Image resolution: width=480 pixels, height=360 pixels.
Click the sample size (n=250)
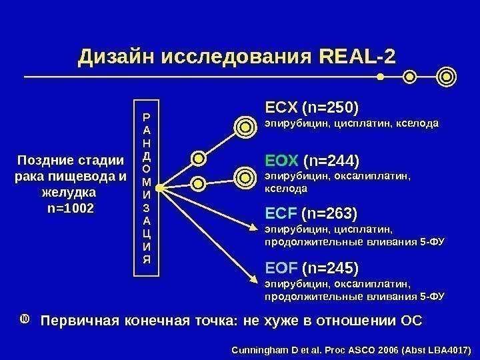click(331, 107)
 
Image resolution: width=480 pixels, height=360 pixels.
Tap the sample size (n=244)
click(331, 161)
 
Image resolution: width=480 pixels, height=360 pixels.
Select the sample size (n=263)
click(330, 214)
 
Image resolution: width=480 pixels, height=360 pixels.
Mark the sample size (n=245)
click(330, 267)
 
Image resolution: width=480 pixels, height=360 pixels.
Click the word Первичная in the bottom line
click(79, 321)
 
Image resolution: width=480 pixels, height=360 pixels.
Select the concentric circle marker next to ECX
click(245, 125)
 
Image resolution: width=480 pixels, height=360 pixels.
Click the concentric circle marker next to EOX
click(245, 177)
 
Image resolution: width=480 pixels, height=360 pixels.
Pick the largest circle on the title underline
click(447, 77)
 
